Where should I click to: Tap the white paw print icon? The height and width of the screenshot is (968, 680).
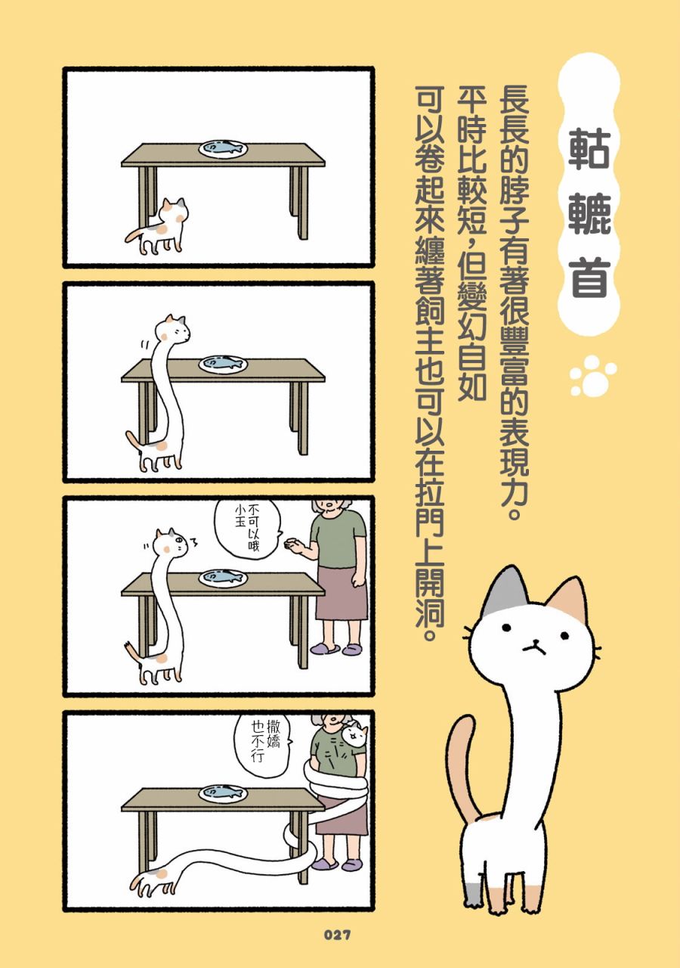click(x=593, y=376)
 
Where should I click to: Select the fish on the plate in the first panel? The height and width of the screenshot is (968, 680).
click(x=223, y=147)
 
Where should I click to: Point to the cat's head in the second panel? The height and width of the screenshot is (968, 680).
click(x=174, y=328)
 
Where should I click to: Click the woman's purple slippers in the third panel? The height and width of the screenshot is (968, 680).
click(x=337, y=648)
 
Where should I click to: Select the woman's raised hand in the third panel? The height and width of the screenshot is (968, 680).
click(x=295, y=544)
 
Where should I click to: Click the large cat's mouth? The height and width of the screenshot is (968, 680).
click(x=534, y=646)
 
